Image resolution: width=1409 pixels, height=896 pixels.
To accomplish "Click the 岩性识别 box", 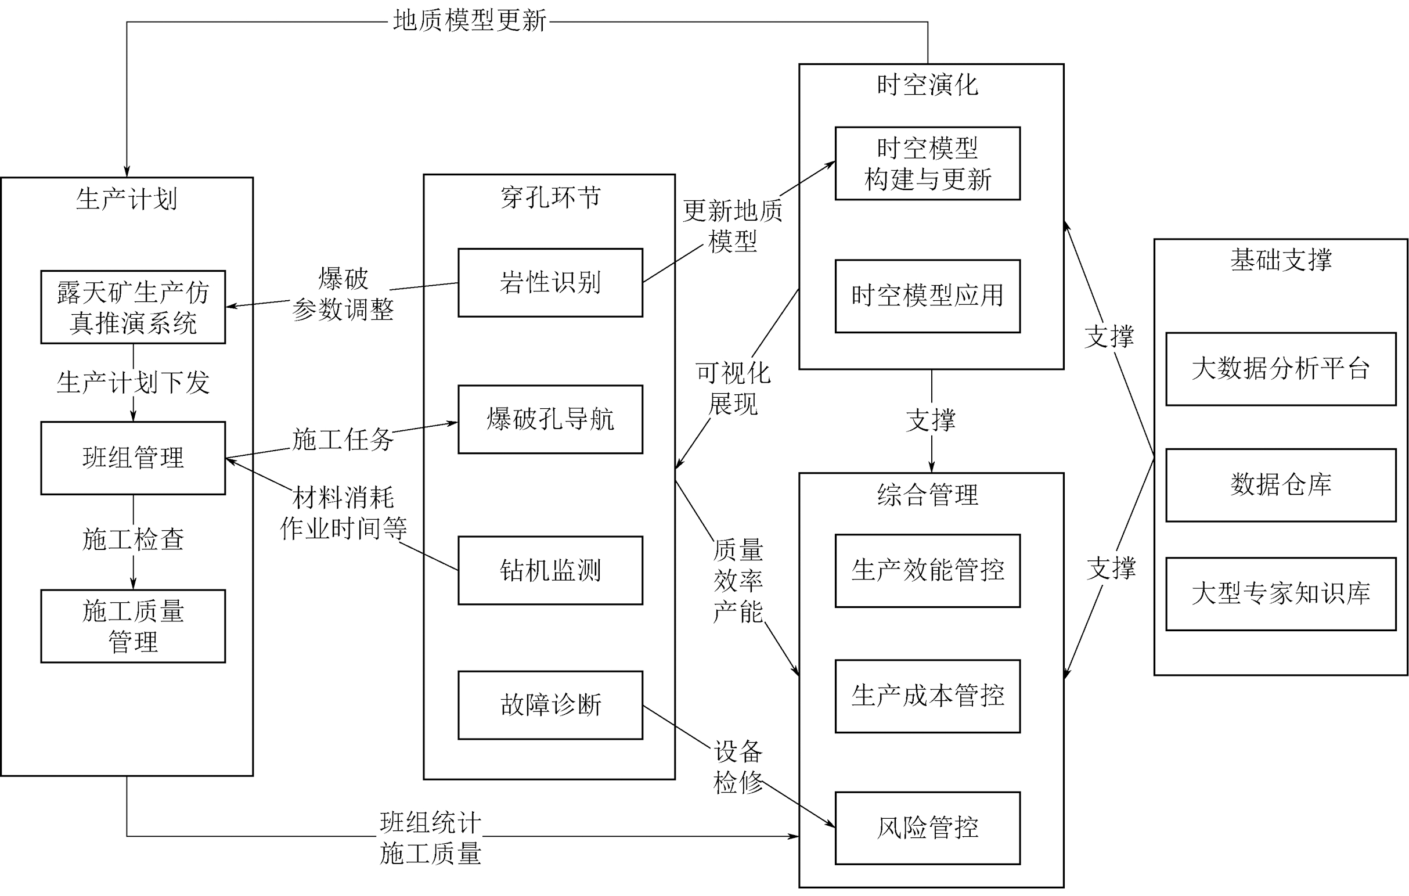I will [550, 283].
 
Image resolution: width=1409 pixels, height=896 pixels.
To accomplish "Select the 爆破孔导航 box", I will [550, 419].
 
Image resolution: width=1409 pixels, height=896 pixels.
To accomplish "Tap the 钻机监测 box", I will [550, 570].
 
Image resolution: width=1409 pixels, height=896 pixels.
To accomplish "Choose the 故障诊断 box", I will [550, 704].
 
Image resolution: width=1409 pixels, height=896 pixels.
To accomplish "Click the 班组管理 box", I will [133, 458].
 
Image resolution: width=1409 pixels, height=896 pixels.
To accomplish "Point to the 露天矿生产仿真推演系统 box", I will [133, 307].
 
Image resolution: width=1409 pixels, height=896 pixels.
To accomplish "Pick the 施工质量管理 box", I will [133, 625].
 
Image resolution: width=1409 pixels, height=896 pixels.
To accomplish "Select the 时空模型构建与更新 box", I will [928, 163].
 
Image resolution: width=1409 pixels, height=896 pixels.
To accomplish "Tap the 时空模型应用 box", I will [928, 296].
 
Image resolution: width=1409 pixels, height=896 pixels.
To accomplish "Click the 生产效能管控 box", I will [928, 571].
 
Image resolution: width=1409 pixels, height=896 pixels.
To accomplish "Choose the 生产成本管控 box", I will [928, 696].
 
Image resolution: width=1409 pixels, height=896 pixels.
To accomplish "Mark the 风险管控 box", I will [928, 828].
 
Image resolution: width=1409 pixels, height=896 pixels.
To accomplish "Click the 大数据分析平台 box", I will [1280, 369].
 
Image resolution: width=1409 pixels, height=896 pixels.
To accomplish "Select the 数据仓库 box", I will [1280, 484].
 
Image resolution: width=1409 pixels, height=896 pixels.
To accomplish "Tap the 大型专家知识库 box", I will [1280, 593].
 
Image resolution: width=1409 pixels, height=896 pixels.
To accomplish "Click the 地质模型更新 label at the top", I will [469, 21].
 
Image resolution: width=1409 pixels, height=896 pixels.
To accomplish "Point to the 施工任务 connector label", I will [343, 440].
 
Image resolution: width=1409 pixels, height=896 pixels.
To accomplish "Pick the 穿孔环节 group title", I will [550, 198].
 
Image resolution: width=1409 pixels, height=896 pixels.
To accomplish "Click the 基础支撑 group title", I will [1280, 260].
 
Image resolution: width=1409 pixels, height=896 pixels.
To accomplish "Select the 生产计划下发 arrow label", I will [133, 383].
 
